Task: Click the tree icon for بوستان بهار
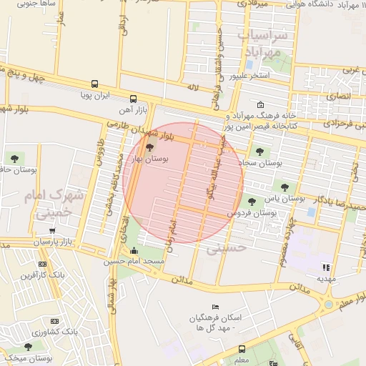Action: (149, 148)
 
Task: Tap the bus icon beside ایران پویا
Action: (95, 94)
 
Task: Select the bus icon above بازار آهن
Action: (134, 99)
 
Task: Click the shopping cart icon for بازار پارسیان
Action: (52, 231)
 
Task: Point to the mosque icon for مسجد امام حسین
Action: (135, 250)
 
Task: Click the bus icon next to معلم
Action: (242, 350)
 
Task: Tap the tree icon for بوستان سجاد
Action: (259, 151)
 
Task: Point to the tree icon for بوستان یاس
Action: (285, 187)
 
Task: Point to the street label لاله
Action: (192, 86)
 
